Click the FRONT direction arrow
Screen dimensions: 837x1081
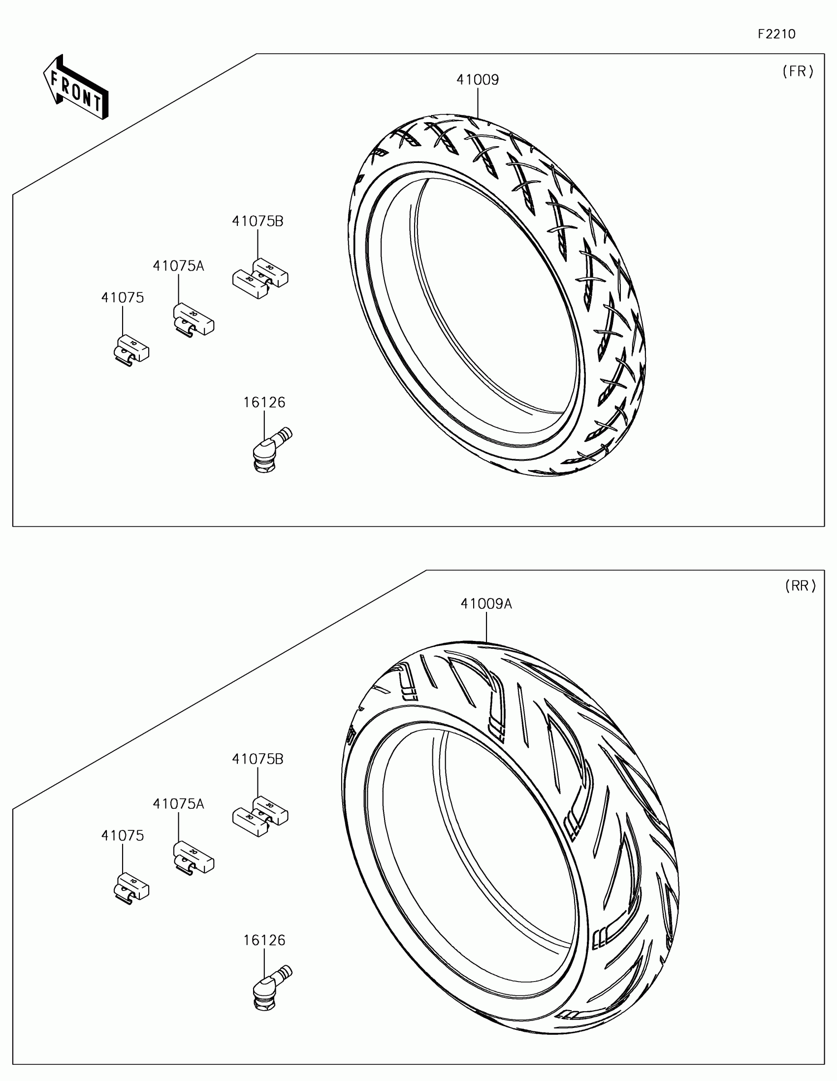point(76,87)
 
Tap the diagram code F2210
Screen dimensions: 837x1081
point(776,34)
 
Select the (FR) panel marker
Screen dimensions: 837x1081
point(798,72)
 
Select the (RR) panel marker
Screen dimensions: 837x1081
point(801,586)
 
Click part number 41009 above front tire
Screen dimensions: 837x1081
point(478,80)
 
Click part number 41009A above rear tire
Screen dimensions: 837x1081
point(486,604)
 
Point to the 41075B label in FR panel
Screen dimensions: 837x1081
point(258,221)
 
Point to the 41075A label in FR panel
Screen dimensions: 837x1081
point(178,266)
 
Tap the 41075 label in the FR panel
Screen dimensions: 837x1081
point(122,297)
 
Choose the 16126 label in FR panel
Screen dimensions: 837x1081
point(264,402)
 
